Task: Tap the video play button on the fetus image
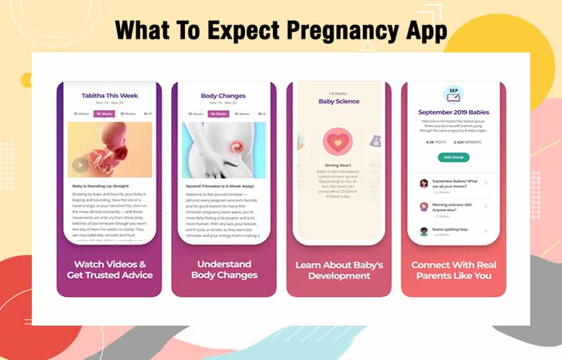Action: [80, 165]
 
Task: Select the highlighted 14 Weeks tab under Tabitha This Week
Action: [103, 114]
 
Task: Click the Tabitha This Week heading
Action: [110, 96]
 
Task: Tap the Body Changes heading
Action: [224, 96]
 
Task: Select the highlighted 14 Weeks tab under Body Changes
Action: [219, 114]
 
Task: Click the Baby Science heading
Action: [338, 101]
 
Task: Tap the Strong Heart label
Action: [338, 166]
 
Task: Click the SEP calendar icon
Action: [453, 94]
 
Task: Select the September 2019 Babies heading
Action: [453, 112]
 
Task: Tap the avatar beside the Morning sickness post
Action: [423, 206]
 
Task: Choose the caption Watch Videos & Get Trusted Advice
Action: [110, 269]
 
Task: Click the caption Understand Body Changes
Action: [224, 269]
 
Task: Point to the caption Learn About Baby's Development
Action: [338, 270]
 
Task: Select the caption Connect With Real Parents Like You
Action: [453, 270]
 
